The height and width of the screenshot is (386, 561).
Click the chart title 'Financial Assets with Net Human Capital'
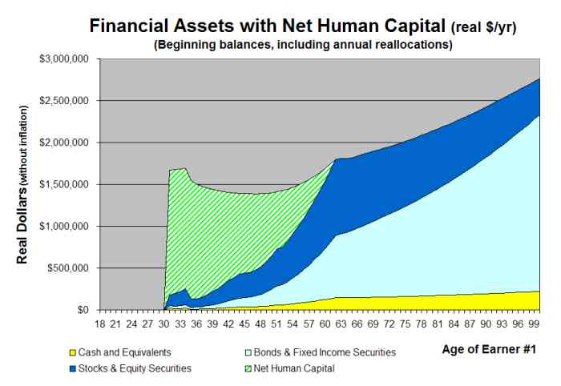pos(267,26)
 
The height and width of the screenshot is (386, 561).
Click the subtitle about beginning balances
pos(304,45)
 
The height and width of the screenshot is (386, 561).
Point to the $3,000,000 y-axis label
pos(63,59)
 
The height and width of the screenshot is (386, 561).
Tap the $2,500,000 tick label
pos(63,101)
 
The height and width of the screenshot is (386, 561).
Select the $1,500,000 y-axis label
pos(63,184)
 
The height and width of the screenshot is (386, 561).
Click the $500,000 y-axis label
pos(68,268)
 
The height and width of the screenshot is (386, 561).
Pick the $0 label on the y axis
pos(83,310)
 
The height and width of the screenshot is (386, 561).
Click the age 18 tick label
pos(100,324)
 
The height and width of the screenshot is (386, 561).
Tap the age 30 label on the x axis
pos(163,324)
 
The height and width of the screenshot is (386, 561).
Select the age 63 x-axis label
pos(341,324)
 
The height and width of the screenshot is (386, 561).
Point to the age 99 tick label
pos(534,324)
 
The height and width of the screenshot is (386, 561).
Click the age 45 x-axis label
pos(244,324)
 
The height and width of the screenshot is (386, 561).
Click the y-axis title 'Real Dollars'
pos(22,224)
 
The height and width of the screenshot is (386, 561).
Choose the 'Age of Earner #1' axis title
pos(490,349)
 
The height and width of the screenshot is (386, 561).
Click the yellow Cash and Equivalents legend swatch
pos(73,352)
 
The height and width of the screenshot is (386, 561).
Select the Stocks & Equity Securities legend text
pos(135,368)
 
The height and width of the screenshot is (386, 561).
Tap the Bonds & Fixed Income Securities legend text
pos(325,352)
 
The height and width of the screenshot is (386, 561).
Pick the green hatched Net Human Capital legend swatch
pos(248,368)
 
